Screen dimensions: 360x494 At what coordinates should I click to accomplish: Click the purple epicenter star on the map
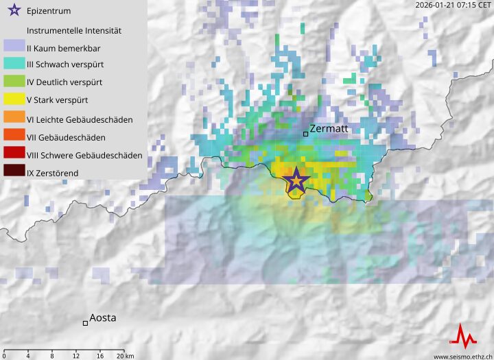[296, 180]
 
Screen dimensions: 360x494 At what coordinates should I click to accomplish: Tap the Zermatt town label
[330, 128]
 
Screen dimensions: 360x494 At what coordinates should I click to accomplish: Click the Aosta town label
[103, 318]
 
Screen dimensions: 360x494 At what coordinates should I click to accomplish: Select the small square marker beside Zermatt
[306, 134]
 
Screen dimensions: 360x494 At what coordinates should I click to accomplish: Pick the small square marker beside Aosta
[85, 323]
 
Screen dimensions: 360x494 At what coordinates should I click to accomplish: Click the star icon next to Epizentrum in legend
[13, 11]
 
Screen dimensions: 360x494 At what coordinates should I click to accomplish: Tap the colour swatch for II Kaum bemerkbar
[14, 47]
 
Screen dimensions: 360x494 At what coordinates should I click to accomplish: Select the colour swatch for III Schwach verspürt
[14, 65]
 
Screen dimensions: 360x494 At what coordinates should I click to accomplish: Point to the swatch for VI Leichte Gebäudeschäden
[14, 119]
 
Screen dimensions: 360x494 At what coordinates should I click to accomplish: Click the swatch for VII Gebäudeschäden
[14, 137]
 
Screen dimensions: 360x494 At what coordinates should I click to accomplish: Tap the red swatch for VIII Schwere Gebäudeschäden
[14, 155]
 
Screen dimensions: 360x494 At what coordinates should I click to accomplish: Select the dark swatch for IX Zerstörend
[14, 173]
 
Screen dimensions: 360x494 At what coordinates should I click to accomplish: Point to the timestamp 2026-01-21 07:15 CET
[452, 5]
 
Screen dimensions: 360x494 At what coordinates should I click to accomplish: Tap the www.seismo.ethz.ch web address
[462, 356]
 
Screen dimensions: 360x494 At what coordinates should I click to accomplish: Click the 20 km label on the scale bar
[125, 355]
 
